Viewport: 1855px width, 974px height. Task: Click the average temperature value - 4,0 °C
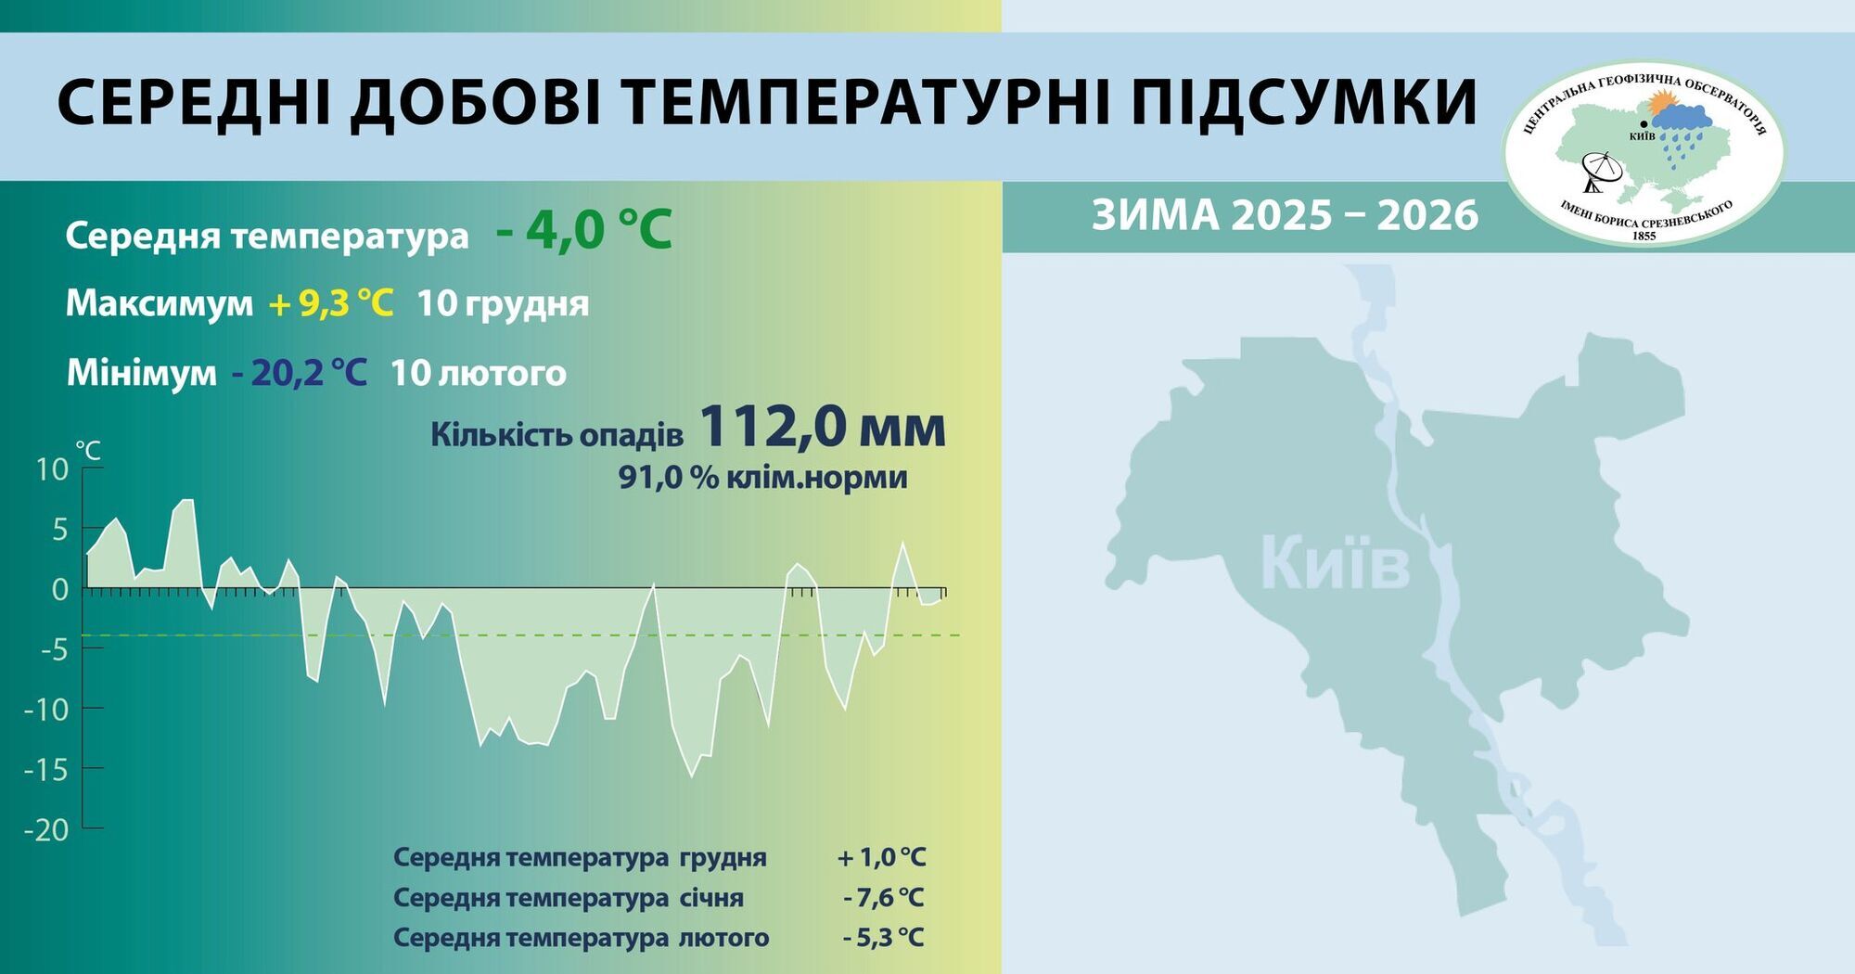pos(584,230)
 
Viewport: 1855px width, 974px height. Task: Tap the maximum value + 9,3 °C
pos(331,303)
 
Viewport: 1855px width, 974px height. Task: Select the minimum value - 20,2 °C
pos(299,373)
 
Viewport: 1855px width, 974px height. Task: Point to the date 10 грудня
pos(503,303)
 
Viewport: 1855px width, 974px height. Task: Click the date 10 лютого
pos(478,373)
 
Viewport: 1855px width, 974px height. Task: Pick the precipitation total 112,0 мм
pos(822,428)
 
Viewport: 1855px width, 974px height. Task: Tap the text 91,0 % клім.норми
pos(762,478)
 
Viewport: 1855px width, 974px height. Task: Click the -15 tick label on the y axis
pos(46,769)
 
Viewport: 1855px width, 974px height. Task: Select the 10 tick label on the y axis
pos(52,469)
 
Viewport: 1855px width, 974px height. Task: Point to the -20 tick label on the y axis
pos(46,829)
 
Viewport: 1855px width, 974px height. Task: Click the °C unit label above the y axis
pos(88,451)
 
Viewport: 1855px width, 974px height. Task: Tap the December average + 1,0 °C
pos(881,857)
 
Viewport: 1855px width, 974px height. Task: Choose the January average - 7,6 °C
pos(883,898)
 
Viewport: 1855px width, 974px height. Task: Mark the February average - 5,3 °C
pos(883,938)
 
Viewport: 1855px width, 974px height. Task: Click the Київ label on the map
pos(1335,564)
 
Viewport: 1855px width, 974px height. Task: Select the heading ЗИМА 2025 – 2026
pos(1285,215)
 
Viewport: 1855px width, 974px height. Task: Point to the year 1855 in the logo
pos(1644,236)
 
